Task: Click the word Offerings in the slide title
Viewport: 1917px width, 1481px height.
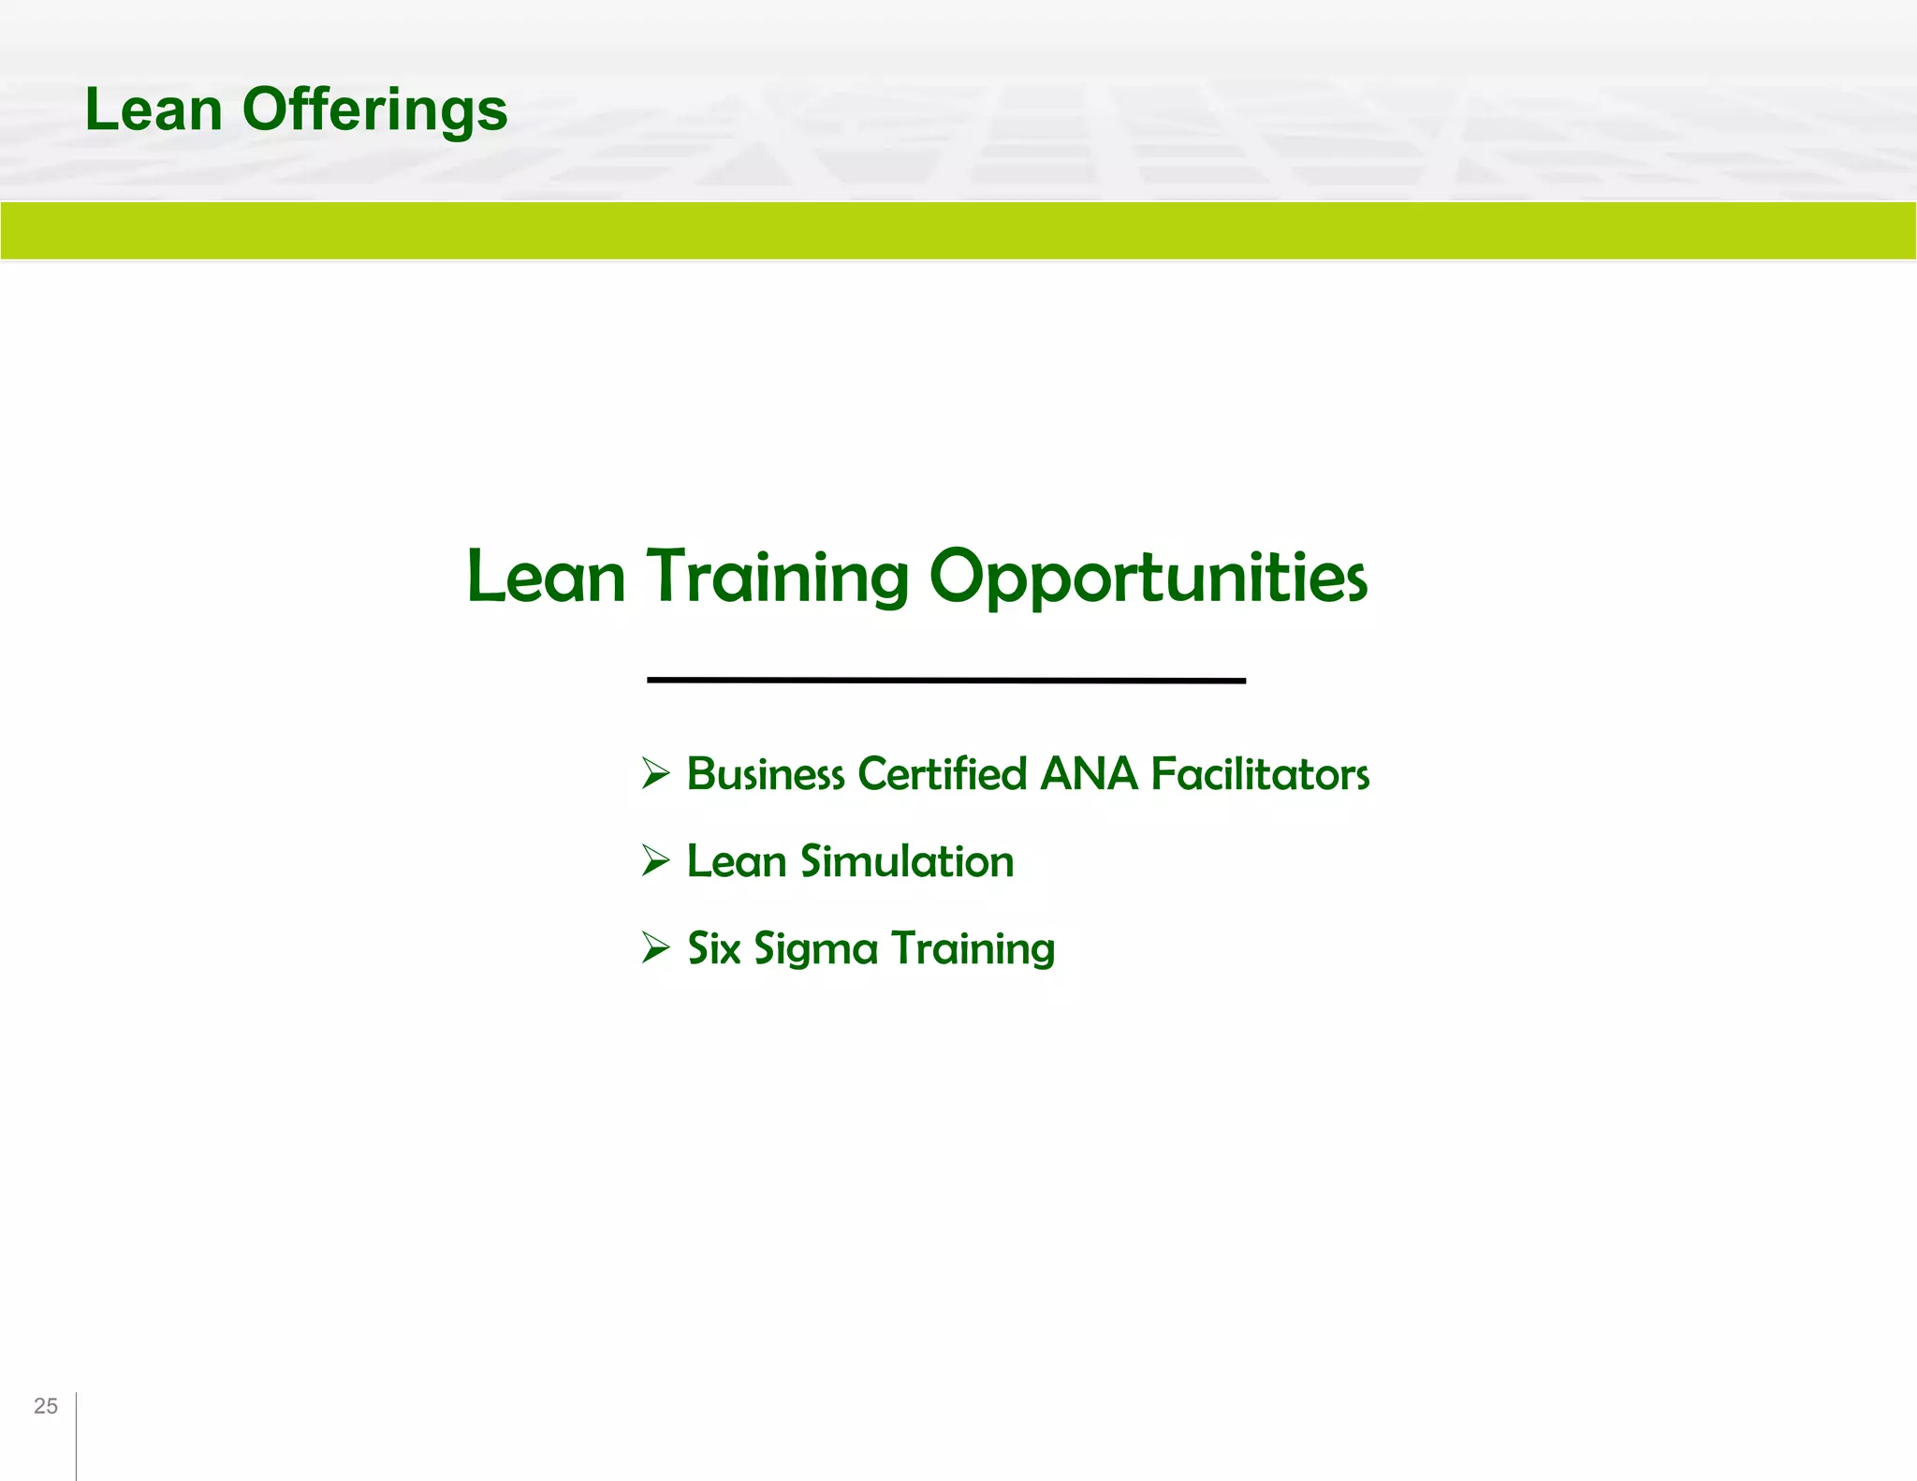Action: [374, 110]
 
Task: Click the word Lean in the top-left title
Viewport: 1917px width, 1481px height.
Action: [154, 110]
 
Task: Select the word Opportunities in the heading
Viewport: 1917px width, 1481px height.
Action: [1148, 577]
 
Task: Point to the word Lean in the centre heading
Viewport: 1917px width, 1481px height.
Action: [546, 577]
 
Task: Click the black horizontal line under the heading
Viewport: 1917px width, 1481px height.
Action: [945, 681]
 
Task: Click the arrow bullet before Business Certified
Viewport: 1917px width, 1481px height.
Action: [656, 773]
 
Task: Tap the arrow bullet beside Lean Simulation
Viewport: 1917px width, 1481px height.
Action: [656, 860]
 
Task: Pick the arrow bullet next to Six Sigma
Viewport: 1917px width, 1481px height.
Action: [656, 947]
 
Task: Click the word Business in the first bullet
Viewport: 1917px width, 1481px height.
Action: [766, 774]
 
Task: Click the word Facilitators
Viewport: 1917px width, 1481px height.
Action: [1260, 774]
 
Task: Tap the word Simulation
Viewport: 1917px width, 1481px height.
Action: [907, 861]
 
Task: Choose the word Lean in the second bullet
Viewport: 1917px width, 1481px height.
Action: [737, 861]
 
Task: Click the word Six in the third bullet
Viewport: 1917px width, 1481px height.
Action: [714, 948]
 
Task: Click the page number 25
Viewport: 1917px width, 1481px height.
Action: [46, 1405]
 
